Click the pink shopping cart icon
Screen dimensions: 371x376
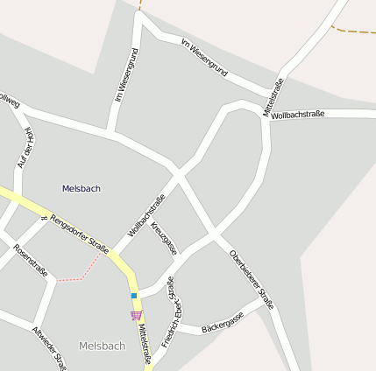click(136, 315)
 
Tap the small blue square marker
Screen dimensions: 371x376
click(134, 297)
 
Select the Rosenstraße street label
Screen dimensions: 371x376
click(30, 259)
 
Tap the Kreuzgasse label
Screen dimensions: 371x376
click(164, 238)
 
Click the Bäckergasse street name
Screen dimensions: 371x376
click(223, 322)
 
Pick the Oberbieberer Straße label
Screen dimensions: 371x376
click(252, 279)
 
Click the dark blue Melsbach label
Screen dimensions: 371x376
click(82, 188)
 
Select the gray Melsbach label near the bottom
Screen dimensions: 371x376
click(102, 346)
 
